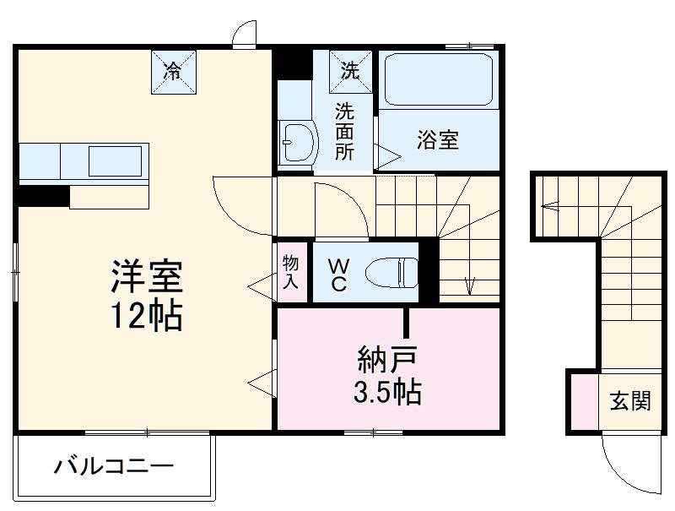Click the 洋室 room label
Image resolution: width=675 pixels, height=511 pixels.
pos(146,276)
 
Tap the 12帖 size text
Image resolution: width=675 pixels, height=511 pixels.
pos(146,316)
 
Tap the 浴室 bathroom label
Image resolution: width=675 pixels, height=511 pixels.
pos(437,140)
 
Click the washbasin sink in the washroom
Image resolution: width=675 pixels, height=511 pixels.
pos(296,141)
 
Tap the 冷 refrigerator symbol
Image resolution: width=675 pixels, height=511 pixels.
pos(172,71)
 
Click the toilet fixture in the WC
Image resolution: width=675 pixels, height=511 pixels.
pos(392,272)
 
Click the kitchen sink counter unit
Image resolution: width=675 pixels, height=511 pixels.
pos(84,161)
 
